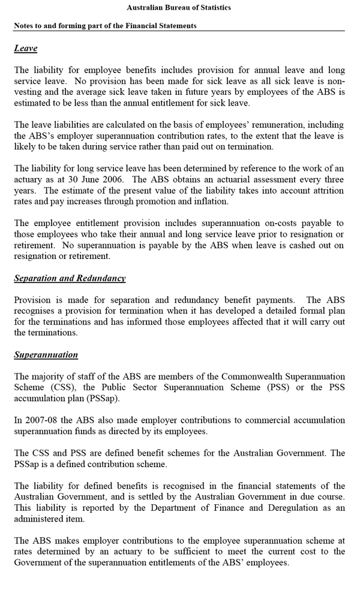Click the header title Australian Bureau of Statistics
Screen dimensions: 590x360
pyautogui.click(x=179, y=8)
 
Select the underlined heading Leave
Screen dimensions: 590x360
pyautogui.click(x=26, y=49)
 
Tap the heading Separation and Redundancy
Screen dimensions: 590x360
pyautogui.click(x=70, y=278)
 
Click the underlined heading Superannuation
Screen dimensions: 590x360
pyautogui.click(x=46, y=354)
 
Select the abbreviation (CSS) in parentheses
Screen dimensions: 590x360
pyautogui.click(x=58, y=387)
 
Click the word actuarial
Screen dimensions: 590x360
pyautogui.click(x=224, y=179)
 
